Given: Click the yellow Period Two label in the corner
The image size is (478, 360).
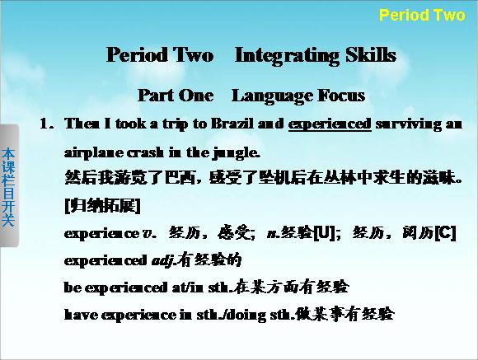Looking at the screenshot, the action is [422, 15].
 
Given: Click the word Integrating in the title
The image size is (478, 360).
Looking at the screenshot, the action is [287, 55].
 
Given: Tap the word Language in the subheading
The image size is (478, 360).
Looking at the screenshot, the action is [271, 96].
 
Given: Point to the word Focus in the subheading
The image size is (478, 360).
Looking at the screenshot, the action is [341, 96].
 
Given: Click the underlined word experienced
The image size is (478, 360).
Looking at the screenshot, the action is [330, 124].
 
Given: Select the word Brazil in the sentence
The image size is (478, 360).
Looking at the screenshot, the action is [232, 124].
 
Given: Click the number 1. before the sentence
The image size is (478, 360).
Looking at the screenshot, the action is [46, 124].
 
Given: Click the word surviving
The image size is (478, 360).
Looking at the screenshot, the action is [408, 124].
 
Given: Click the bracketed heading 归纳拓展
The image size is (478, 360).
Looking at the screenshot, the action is [103, 206].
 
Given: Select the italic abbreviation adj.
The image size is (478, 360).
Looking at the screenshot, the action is [164, 260].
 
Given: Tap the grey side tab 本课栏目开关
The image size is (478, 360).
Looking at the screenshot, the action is [8, 186].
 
